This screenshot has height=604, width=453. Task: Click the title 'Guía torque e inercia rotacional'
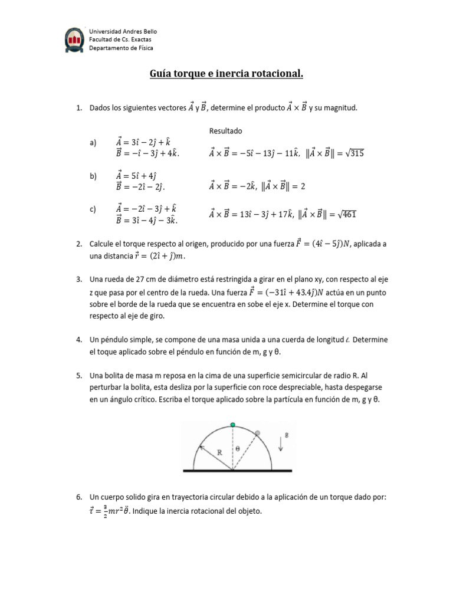[226, 74]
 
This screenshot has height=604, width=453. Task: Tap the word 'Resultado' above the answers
[226, 130]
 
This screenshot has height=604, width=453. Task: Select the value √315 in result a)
[354, 153]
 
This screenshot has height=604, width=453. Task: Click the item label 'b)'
[93, 176]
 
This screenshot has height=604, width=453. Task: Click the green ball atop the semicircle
[233, 425]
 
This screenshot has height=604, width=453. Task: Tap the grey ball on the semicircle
[257, 433]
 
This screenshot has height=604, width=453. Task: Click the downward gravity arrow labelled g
[281, 445]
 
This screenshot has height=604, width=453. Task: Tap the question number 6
[78, 497]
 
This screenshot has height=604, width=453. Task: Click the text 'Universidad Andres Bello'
[123, 31]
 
